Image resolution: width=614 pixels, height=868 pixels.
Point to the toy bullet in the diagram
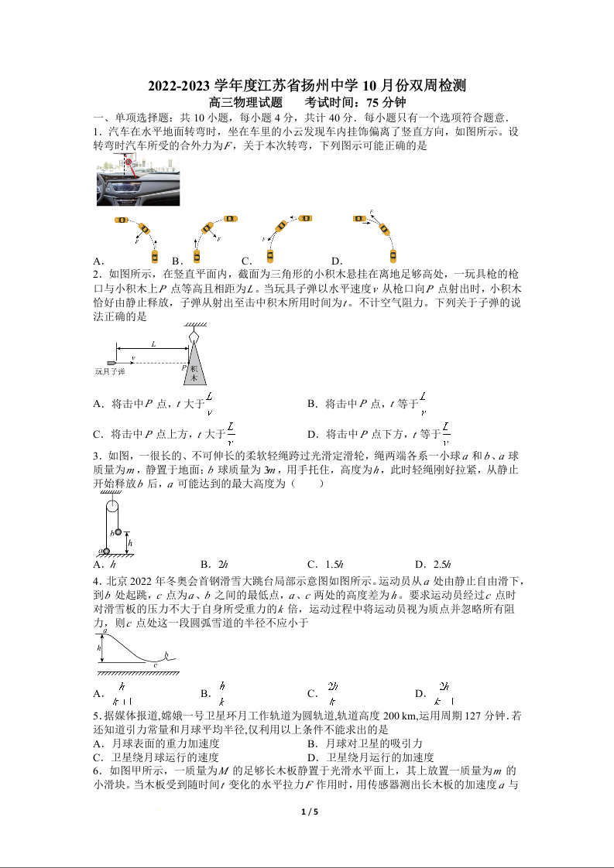click(x=114, y=362)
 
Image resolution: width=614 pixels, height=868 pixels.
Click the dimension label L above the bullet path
click(x=153, y=343)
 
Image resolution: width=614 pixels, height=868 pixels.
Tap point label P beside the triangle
click(x=184, y=369)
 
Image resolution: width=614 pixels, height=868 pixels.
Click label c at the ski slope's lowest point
click(x=155, y=665)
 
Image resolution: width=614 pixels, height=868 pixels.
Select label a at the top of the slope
click(x=105, y=633)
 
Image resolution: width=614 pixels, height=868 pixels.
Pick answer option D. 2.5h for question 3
click(x=433, y=565)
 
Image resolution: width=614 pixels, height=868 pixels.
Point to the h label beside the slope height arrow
click(x=99, y=647)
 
